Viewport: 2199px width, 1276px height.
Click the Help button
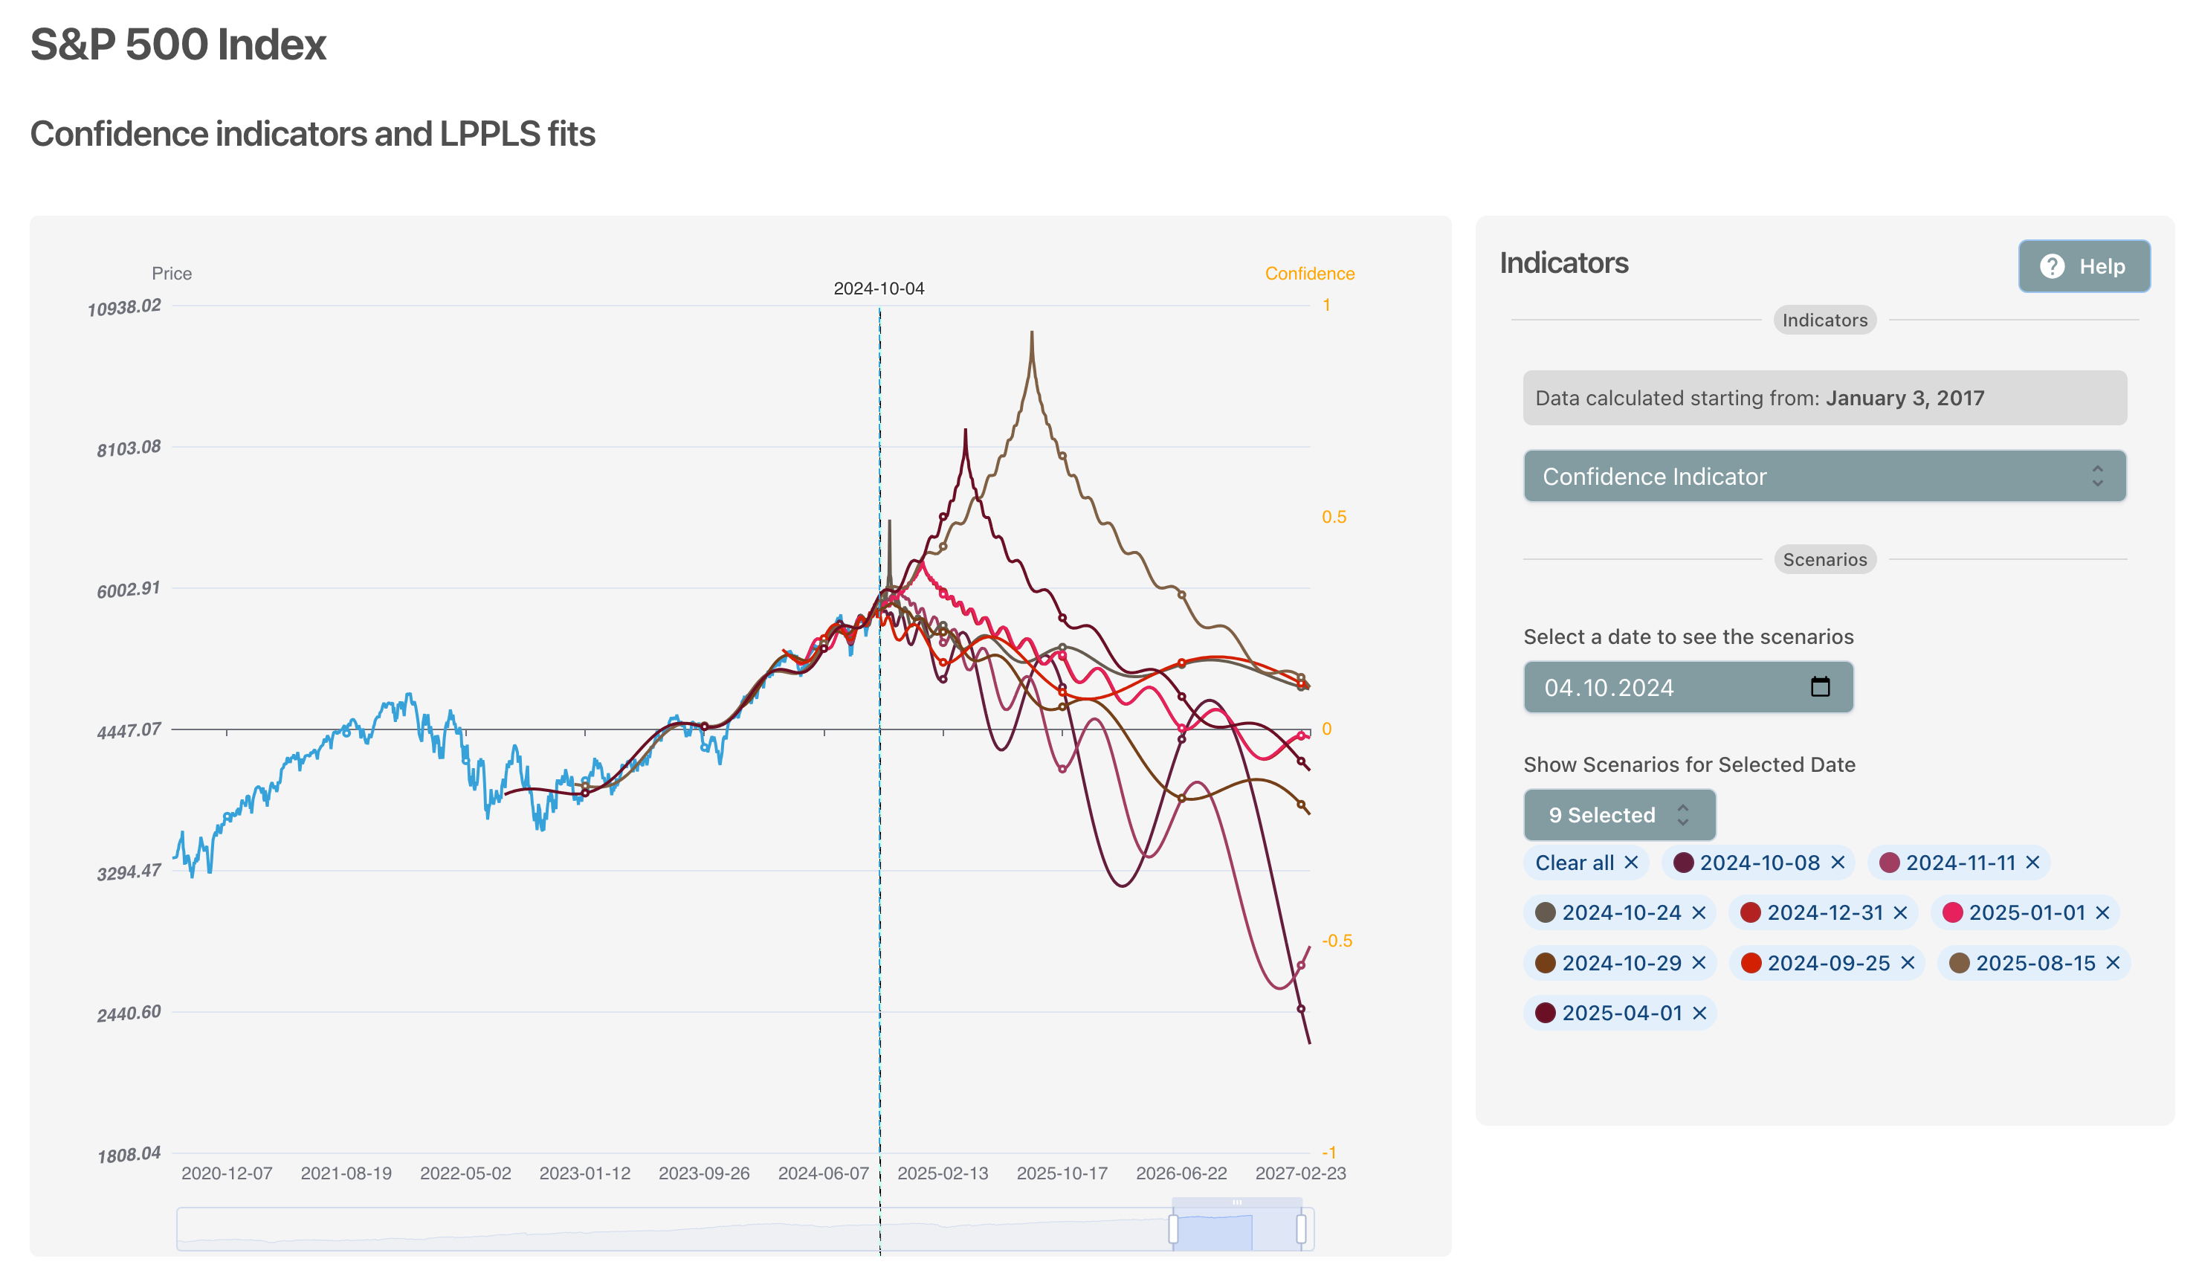pos(2084,266)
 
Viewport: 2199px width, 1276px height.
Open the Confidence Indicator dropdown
pos(1824,477)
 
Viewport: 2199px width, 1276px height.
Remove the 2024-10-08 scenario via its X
pos(1838,863)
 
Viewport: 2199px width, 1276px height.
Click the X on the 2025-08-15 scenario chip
pos(2113,963)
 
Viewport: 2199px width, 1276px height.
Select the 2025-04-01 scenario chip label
pos(1621,1013)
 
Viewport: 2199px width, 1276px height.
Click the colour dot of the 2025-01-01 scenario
pos(1952,913)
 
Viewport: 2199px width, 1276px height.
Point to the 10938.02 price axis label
pos(124,307)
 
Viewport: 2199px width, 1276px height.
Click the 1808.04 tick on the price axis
pos(129,1156)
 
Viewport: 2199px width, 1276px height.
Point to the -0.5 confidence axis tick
pos(1337,941)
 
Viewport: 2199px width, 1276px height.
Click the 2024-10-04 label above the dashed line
pos(879,289)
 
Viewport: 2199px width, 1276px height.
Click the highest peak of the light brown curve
pos(1031,332)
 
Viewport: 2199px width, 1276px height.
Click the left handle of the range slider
pos(1174,1229)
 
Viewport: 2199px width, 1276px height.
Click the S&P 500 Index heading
pos(178,45)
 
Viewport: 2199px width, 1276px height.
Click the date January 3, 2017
pos(1905,398)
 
